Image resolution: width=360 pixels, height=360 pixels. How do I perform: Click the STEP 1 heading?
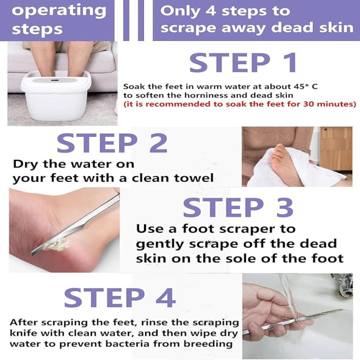(243, 63)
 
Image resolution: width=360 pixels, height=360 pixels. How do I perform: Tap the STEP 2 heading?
(112, 143)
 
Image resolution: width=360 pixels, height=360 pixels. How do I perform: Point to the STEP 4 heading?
(120, 298)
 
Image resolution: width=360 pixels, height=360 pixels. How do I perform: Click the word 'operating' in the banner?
(59, 12)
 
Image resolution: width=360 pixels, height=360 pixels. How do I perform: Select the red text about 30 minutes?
(240, 104)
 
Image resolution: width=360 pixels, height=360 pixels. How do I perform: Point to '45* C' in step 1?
(306, 86)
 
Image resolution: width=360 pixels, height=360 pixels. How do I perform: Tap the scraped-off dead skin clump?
(56, 245)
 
